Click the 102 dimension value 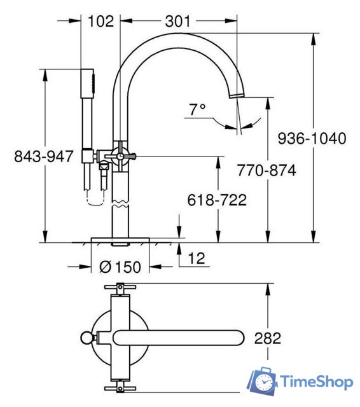pos(100,21)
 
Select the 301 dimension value pos(177,21)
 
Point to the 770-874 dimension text pos(266,170)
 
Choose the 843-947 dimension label pos(44,156)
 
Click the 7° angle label pos(197,109)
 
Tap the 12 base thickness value pos(198,258)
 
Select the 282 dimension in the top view pos(267,338)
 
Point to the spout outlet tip pos(235,95)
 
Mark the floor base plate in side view pos(120,240)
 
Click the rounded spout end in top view pos(235,338)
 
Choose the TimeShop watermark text pos(316,382)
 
